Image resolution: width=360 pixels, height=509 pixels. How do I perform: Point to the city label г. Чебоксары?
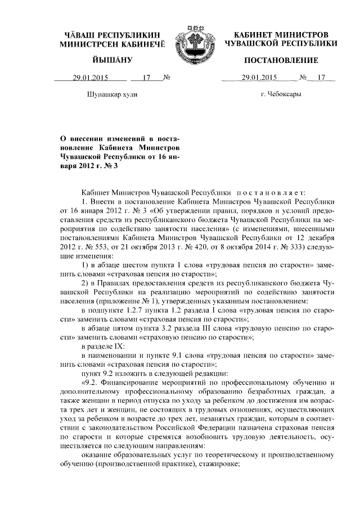click(x=281, y=94)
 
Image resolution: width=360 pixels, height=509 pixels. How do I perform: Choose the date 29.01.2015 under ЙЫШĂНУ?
click(x=91, y=78)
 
